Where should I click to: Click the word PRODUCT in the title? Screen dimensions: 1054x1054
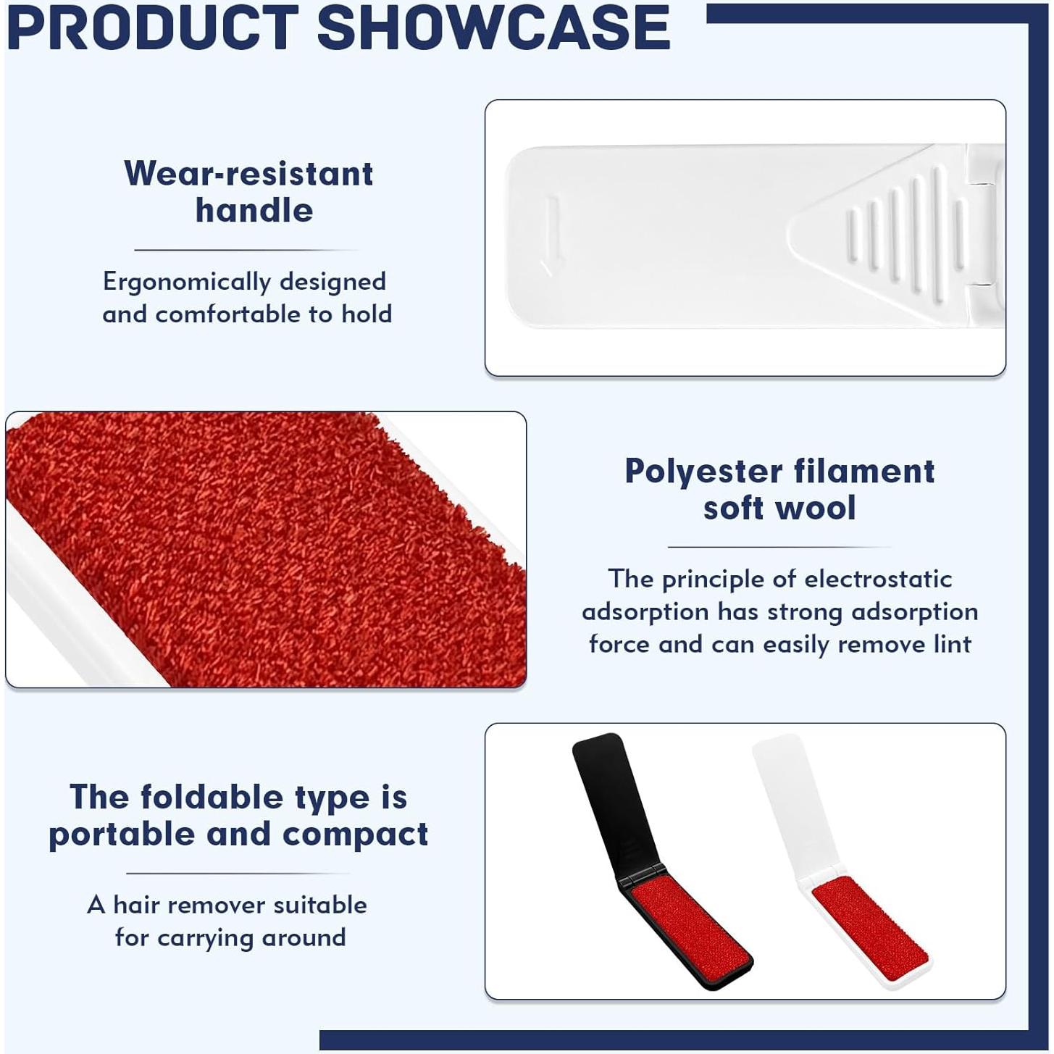153,28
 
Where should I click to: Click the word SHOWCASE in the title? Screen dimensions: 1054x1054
493,28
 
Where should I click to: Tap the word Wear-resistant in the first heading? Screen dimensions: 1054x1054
249,174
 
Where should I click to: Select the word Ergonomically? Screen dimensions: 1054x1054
186,283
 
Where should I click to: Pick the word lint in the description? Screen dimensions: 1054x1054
953,644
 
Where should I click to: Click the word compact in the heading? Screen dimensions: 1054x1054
355,835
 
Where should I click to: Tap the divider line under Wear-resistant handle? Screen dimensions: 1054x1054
247,250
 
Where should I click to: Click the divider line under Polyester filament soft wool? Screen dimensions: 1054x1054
780,546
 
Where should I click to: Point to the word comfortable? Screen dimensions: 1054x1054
227,314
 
